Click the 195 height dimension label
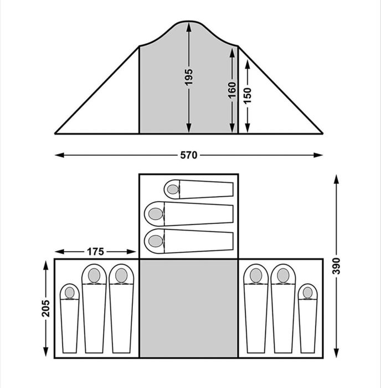point(189,77)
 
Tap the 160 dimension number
point(232,90)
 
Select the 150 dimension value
point(247,95)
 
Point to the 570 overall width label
point(189,155)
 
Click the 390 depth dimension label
point(336,266)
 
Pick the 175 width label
point(95,252)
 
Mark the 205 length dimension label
point(45,308)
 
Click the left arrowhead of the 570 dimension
point(59,155)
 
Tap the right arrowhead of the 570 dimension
point(318,155)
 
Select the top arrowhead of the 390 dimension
point(336,179)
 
